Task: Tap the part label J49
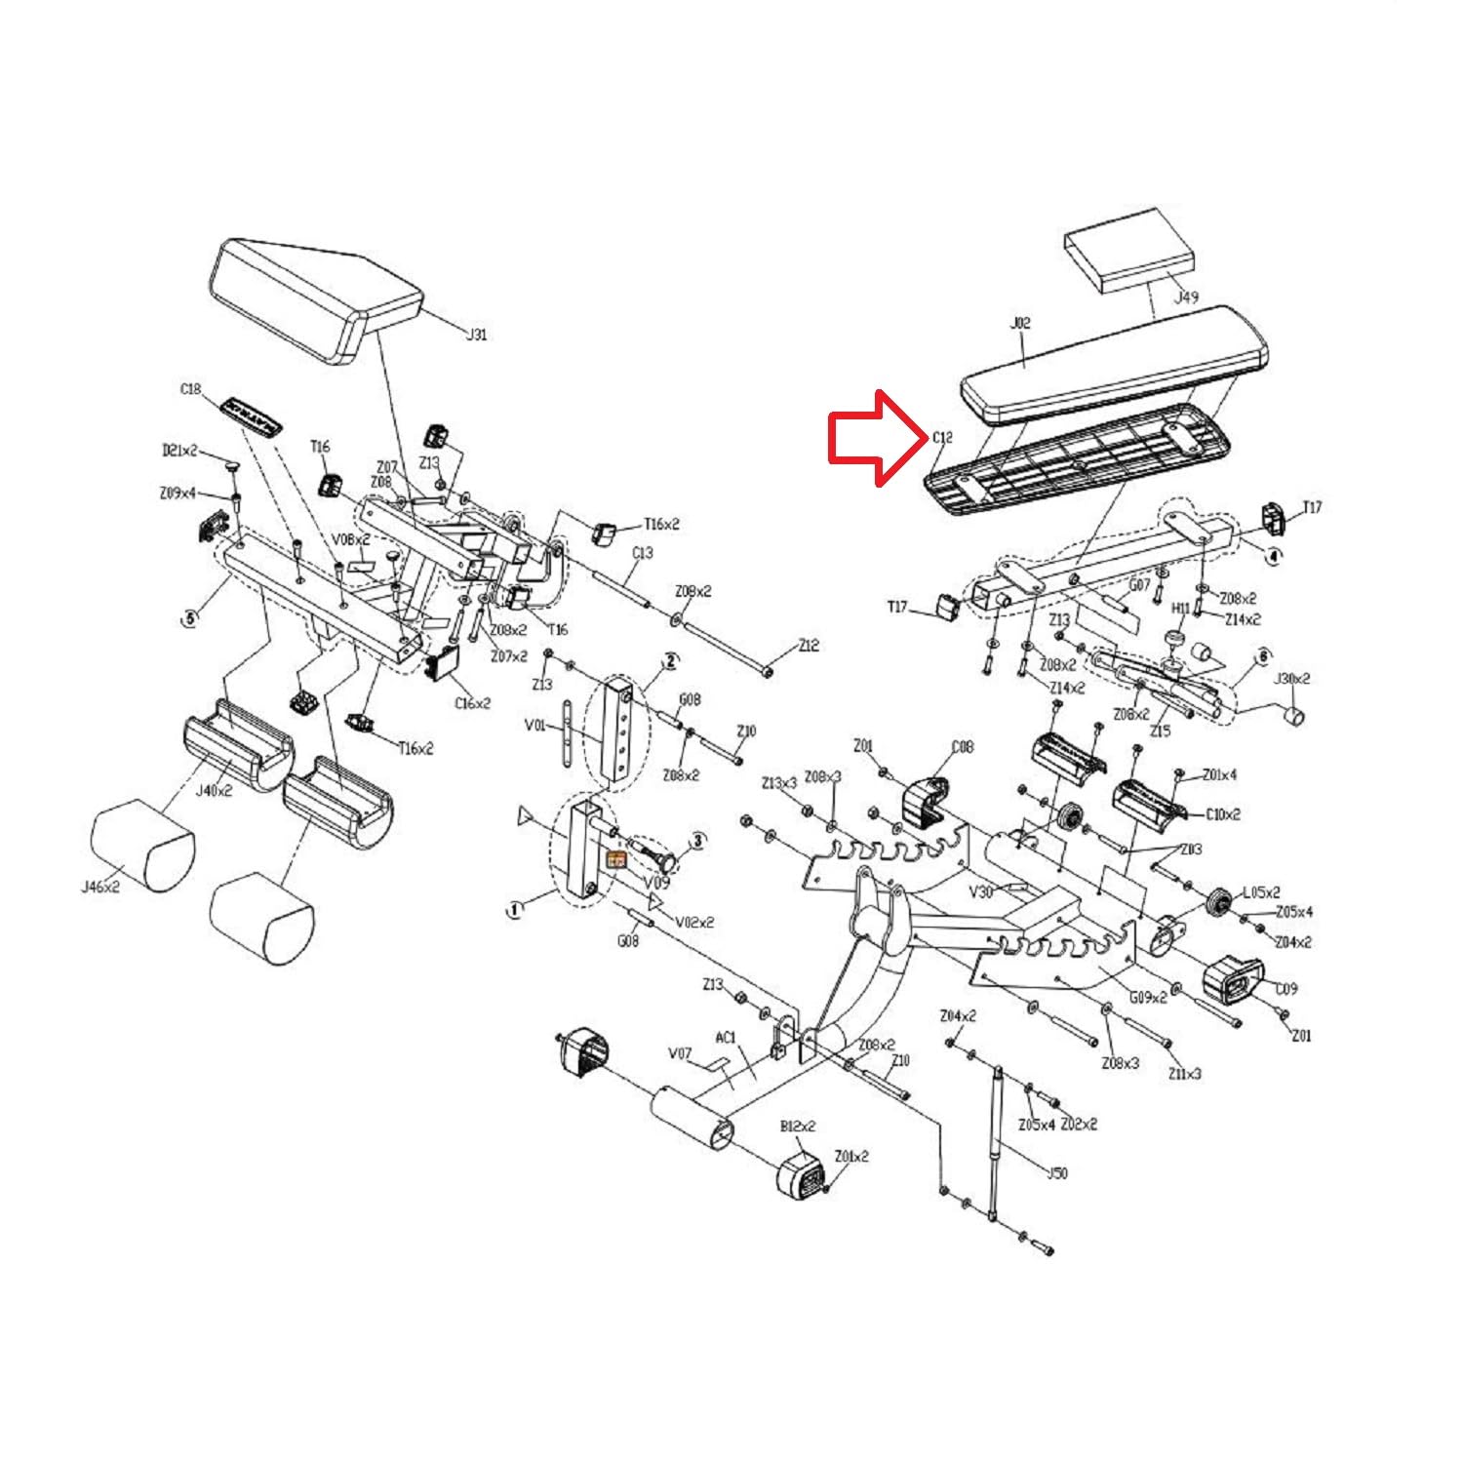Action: [1185, 297]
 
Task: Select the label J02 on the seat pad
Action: [1019, 323]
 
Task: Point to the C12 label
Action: [941, 438]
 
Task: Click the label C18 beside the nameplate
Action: [190, 389]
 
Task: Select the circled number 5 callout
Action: [189, 617]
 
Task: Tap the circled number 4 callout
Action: [1272, 555]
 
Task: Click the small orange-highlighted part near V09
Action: [616, 859]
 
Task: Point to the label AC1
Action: [726, 1038]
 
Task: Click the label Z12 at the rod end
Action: [809, 646]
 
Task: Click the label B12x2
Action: [797, 1127]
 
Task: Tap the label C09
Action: [1286, 989]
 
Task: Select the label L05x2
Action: [1261, 891]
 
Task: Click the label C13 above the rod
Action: [642, 553]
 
